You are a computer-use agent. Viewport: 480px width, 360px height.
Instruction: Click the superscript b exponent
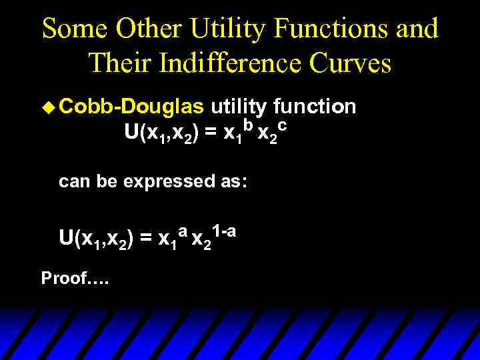(248, 125)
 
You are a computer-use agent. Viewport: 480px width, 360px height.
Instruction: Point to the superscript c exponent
(283, 125)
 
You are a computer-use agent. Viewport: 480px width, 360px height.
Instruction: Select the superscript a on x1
(181, 231)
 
